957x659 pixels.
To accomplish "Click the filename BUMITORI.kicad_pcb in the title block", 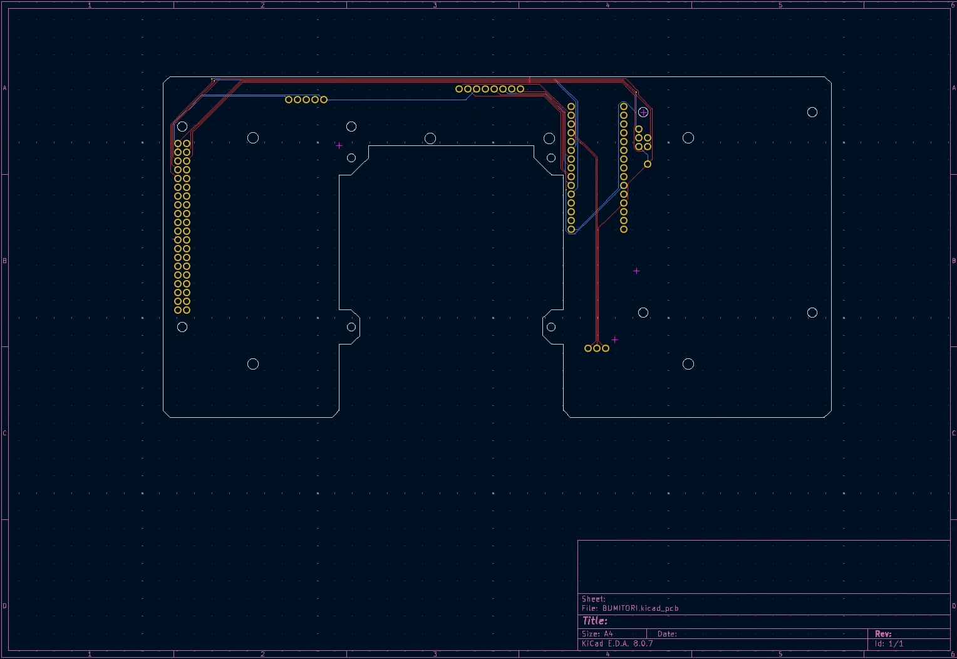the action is pyautogui.click(x=640, y=608).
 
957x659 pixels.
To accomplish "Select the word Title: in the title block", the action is pyautogui.click(x=594, y=621).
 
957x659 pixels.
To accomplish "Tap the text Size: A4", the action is pyautogui.click(x=597, y=634).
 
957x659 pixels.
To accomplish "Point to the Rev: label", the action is pyautogui.click(x=883, y=634).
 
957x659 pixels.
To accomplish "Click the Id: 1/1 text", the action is pyautogui.click(x=889, y=643).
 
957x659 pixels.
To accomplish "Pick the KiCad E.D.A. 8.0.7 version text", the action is pyautogui.click(x=618, y=643).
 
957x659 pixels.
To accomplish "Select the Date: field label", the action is pyautogui.click(x=668, y=634).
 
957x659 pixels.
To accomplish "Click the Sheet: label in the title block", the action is pyautogui.click(x=593, y=599).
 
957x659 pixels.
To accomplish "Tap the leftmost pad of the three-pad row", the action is pyautogui.click(x=588, y=348).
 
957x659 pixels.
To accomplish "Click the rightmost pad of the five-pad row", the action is pyautogui.click(x=324, y=100).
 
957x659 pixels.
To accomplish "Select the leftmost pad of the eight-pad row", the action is pyautogui.click(x=459, y=89).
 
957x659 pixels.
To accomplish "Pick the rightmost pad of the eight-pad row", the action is pyautogui.click(x=520, y=89).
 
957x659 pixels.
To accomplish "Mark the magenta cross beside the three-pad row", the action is pyautogui.click(x=614, y=340).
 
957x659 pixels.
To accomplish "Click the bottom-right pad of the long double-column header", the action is pyautogui.click(x=187, y=310).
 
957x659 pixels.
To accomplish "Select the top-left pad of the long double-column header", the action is pyautogui.click(x=178, y=143).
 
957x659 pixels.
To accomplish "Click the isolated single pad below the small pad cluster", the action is pyautogui.click(x=648, y=164).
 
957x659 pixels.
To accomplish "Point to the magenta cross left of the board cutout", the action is pyautogui.click(x=339, y=146).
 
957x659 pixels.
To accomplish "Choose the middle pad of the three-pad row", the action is pyautogui.click(x=597, y=348).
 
